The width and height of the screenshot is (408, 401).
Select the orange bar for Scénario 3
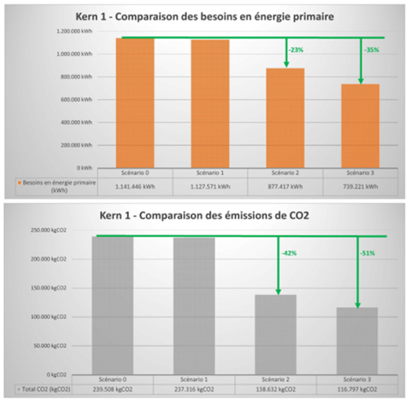click(360, 126)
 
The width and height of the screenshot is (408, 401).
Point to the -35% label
click(371, 50)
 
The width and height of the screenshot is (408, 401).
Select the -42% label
click(289, 253)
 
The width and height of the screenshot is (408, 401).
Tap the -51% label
click(367, 253)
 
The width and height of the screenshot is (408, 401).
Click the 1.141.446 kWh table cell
click(135, 187)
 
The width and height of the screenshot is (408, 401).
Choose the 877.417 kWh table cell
click(285, 187)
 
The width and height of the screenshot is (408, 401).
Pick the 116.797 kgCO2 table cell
click(357, 389)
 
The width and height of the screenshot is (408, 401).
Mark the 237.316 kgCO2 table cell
click(194, 389)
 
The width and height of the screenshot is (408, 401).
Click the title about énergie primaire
click(204, 17)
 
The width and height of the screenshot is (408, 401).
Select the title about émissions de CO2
click(204, 215)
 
